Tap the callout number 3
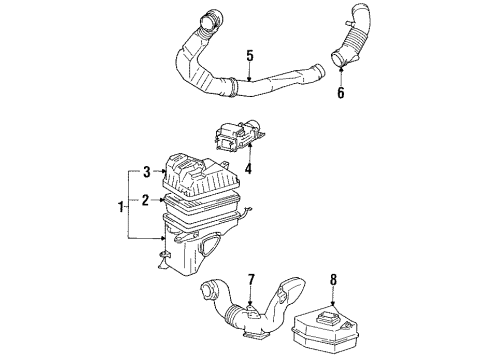(x=147, y=171)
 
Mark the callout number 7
(x=251, y=278)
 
